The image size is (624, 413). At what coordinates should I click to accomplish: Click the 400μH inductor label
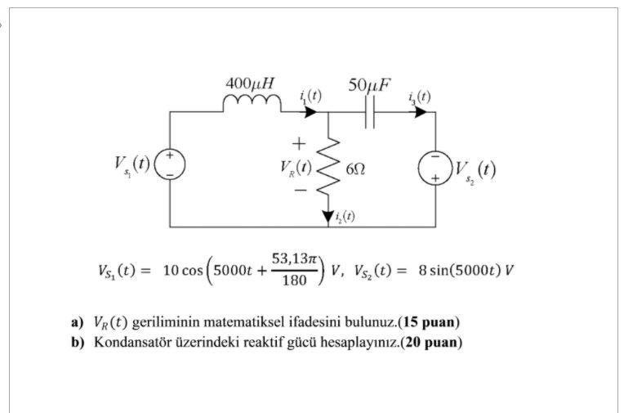250,83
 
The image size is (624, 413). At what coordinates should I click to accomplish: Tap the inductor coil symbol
252,103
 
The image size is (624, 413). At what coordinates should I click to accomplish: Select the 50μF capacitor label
369,83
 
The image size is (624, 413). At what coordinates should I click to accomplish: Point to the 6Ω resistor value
355,168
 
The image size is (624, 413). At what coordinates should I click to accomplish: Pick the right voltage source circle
435,168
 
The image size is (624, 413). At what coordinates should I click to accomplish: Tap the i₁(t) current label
310,96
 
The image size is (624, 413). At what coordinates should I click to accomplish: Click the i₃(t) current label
420,96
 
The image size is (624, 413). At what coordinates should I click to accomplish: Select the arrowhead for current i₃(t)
420,112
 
